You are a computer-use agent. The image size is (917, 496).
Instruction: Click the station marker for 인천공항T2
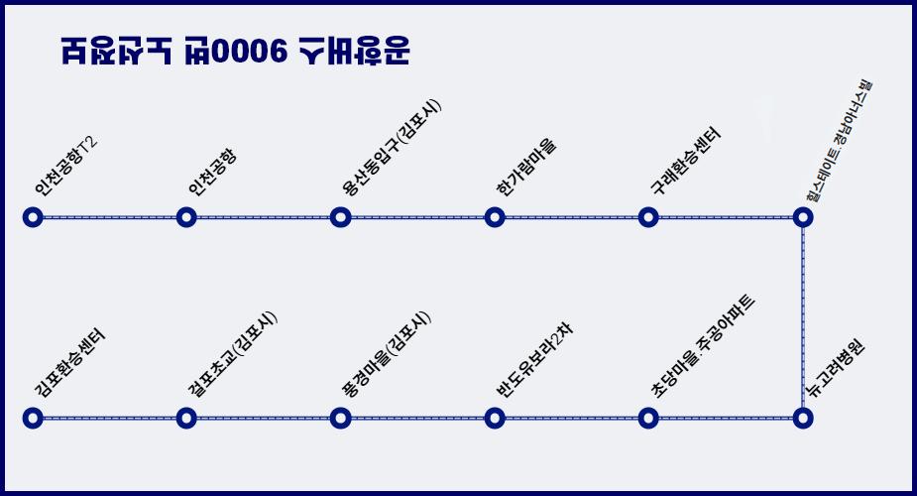coord(33,217)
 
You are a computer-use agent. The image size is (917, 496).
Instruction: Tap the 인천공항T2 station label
coord(64,166)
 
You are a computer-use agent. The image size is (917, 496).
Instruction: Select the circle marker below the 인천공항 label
coord(186,217)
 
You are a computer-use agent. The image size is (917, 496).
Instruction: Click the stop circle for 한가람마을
coord(495,217)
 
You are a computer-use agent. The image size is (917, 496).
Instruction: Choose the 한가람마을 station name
coord(526,166)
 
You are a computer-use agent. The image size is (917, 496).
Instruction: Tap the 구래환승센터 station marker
coord(648,217)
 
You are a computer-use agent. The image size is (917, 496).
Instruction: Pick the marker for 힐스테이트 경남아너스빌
coord(803,217)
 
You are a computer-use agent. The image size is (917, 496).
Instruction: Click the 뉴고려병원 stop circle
coord(802,418)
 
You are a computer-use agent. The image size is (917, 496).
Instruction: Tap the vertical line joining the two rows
coord(803,317)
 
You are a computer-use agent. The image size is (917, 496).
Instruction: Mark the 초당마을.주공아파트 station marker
coord(648,418)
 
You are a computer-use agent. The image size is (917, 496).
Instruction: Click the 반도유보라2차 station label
coord(534,360)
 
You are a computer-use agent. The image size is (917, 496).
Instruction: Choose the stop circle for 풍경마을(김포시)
coord(340,418)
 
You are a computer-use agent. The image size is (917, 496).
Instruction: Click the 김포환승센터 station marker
coord(33,418)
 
